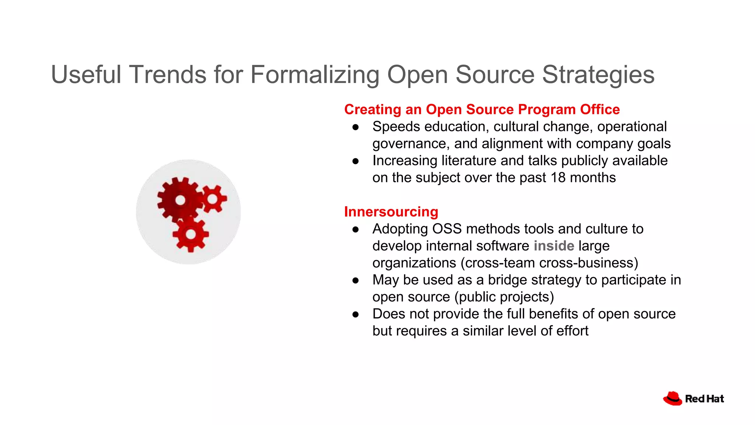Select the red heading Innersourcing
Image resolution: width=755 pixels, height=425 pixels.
pyautogui.click(x=391, y=212)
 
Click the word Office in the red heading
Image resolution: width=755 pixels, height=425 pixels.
pyautogui.click(x=600, y=110)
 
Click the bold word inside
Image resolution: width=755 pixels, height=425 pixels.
pyautogui.click(x=554, y=246)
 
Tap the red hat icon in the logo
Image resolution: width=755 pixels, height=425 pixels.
pyautogui.click(x=672, y=398)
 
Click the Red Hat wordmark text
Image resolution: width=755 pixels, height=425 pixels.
pyautogui.click(x=704, y=399)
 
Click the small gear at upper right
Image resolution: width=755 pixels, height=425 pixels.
pyautogui.click(x=213, y=199)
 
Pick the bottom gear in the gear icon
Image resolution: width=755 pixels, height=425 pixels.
pyautogui.click(x=191, y=234)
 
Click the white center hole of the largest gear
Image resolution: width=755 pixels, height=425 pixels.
pyautogui.click(x=180, y=200)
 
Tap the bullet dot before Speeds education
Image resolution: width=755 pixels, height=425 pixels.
pyautogui.click(x=355, y=127)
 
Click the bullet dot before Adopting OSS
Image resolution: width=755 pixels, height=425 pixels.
pyautogui.click(x=355, y=229)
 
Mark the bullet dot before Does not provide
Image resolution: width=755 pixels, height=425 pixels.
pyautogui.click(x=355, y=314)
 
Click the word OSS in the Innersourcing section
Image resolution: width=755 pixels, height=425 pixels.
pyautogui.click(x=447, y=229)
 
